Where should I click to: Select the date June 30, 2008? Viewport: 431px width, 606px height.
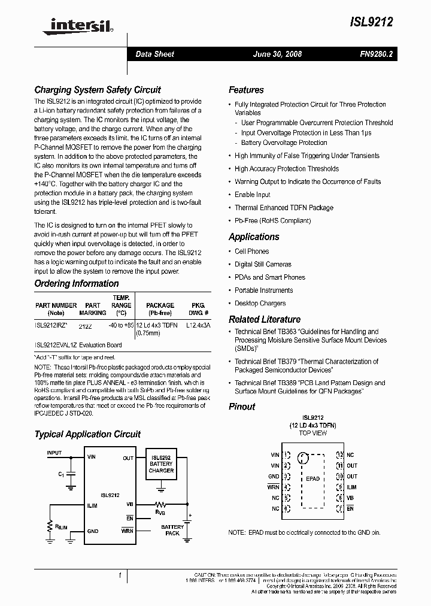tap(277, 54)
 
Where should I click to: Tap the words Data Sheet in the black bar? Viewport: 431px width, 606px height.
tap(154, 54)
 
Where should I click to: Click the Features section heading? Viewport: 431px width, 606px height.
tap(246, 90)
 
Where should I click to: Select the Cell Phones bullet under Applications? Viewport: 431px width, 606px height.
tap(251, 252)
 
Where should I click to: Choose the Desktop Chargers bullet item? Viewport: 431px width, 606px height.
tap(260, 303)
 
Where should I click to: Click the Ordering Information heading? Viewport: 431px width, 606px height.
tap(77, 283)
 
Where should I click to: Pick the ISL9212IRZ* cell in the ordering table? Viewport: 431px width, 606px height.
tap(56, 326)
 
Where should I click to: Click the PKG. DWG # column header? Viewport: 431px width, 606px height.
tap(197, 309)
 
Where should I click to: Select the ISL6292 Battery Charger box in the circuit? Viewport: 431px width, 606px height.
tap(161, 463)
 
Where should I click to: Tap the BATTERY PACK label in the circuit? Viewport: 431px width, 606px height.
tap(172, 530)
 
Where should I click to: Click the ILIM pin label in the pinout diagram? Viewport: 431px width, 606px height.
tap(352, 487)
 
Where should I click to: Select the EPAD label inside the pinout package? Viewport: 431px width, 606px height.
tap(312, 479)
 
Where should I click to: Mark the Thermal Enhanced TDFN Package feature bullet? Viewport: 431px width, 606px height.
tap(284, 208)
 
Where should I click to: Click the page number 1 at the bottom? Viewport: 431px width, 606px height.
tap(120, 575)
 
